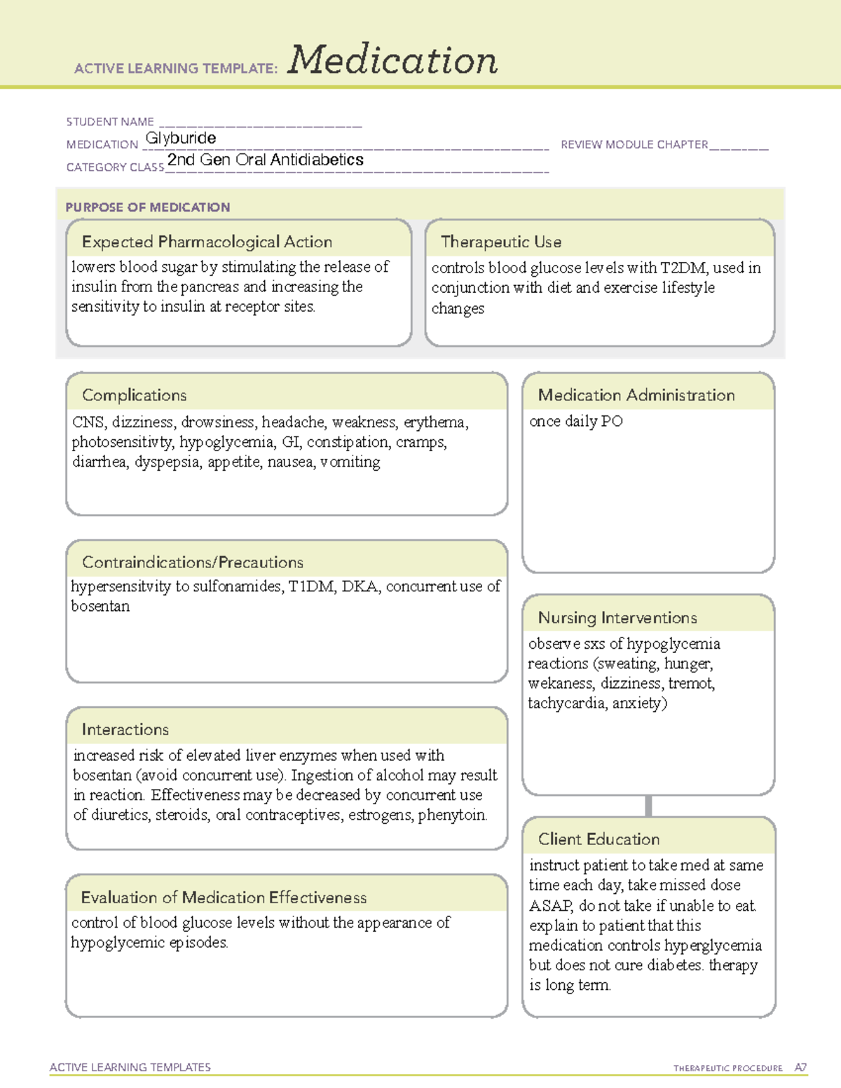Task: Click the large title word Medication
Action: tap(392, 60)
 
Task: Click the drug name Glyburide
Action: tap(181, 138)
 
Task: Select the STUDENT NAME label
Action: tap(110, 122)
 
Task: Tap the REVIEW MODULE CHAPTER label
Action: tap(634, 144)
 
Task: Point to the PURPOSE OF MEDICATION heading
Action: tap(148, 207)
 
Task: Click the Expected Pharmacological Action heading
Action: tap(207, 242)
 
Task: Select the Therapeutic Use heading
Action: tap(501, 242)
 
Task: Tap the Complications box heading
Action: tap(135, 395)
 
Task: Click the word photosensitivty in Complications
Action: tap(122, 442)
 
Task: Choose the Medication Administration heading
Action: tap(636, 395)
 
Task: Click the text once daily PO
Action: tap(576, 421)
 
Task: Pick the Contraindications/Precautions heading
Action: tap(193, 562)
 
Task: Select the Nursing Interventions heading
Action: tap(617, 617)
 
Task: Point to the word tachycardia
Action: tap(566, 703)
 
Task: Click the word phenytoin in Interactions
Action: tap(452, 815)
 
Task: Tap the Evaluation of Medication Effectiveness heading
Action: tap(224, 897)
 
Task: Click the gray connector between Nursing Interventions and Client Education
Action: tap(648, 806)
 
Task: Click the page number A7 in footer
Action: tap(800, 1068)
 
